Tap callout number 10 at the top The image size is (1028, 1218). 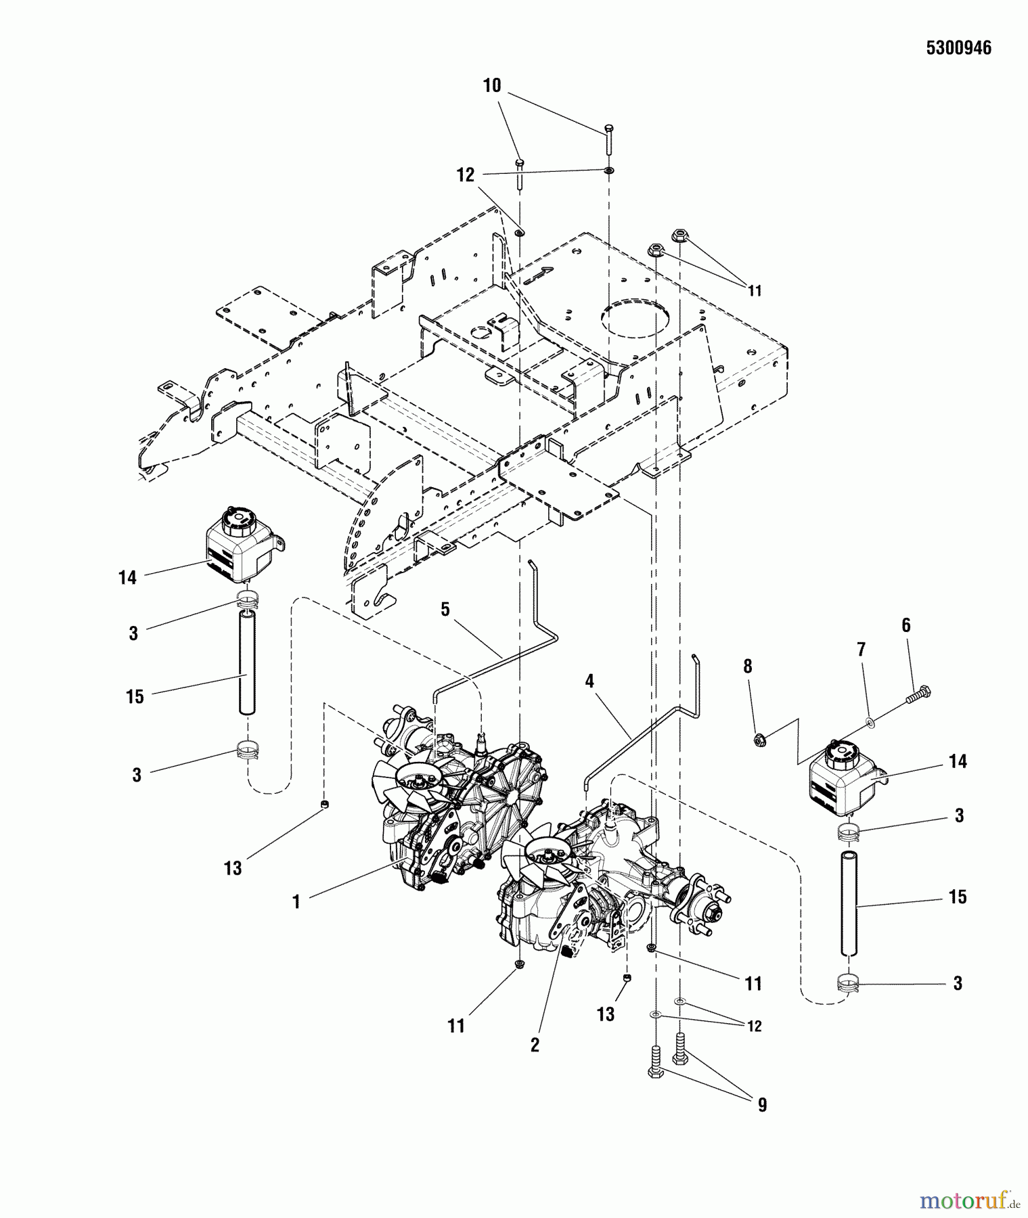pyautogui.click(x=492, y=86)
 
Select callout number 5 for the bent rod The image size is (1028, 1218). pyautogui.click(x=445, y=609)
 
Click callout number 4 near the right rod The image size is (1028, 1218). pyautogui.click(x=589, y=681)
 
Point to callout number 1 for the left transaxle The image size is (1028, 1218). pyautogui.click(x=296, y=902)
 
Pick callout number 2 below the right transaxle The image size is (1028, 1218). pyautogui.click(x=535, y=1045)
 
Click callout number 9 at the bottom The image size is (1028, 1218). pyautogui.click(x=762, y=1105)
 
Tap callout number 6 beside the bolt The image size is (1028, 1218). pyautogui.click(x=906, y=625)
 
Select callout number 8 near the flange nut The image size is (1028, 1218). pyautogui.click(x=747, y=667)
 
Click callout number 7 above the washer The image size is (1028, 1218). pyautogui.click(x=861, y=650)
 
